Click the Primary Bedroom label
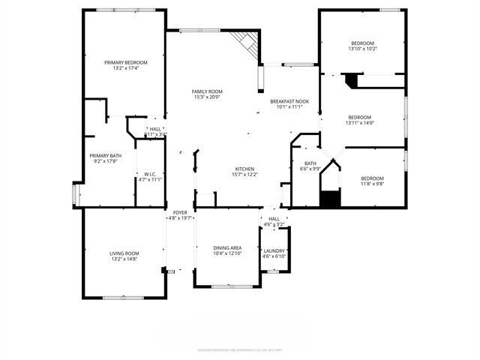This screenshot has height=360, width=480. tap(125, 62)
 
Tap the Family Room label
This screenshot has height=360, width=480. tap(208, 91)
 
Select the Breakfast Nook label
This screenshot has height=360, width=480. tap(290, 101)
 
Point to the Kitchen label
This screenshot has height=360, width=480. tap(245, 169)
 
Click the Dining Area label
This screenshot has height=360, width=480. tap(227, 247)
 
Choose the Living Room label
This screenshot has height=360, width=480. tap(124, 253)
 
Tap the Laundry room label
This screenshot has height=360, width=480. tap(274, 250)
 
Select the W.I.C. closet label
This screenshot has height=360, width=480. tap(149, 175)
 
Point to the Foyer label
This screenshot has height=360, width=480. tap(180, 212)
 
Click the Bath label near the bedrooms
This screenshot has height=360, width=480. tap(310, 163)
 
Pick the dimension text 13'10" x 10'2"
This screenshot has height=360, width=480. tap(363, 49)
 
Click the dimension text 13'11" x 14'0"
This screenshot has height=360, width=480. tap(359, 123)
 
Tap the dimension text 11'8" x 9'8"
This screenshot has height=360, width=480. tap(373, 184)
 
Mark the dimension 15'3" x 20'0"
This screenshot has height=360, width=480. tap(208, 97)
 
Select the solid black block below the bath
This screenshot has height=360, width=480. tap(330, 199)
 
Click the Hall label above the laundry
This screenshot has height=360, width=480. tap(274, 219)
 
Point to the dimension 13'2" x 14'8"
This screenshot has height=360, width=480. tap(124, 259)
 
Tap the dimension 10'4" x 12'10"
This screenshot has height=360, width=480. tap(227, 253)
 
